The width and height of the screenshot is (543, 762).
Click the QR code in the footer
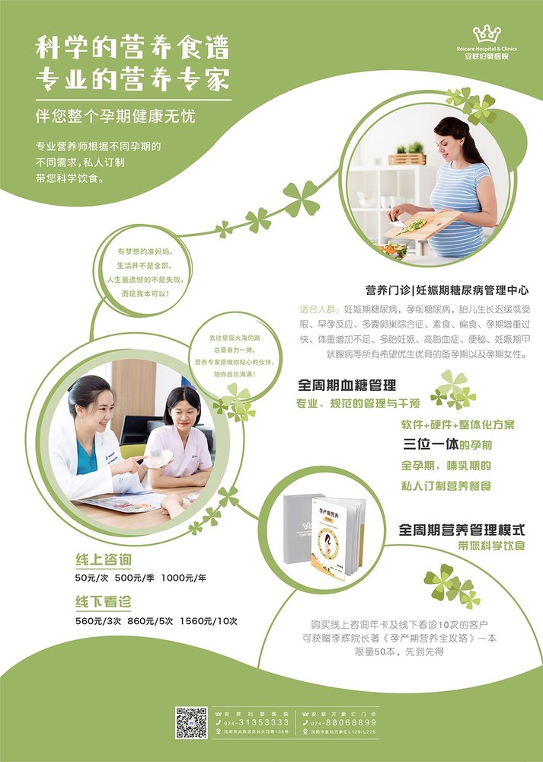(191, 722)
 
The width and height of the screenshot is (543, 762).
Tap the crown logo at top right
(486, 34)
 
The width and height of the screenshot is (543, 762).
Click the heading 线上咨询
(103, 559)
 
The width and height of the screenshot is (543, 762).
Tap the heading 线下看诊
(103, 601)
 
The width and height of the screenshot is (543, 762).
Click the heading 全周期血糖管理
(347, 386)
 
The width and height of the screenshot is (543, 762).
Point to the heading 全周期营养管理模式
(462, 529)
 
